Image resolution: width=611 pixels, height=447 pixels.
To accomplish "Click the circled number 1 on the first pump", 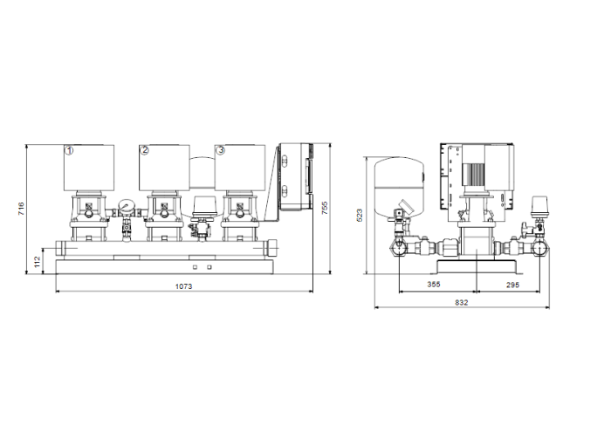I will [69, 150].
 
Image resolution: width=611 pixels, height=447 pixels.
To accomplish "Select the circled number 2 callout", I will [145, 150].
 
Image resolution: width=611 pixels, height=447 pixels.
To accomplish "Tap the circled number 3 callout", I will [220, 150].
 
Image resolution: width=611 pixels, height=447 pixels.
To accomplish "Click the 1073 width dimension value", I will [182, 286].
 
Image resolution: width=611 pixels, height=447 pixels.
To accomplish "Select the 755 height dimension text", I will [324, 209].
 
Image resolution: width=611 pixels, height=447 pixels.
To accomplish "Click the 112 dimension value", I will [38, 259].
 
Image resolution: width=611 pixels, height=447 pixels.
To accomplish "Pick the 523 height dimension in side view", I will [360, 215].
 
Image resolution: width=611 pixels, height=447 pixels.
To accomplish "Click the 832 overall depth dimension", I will [462, 302].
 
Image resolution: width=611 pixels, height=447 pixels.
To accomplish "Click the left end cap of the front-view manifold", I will [57, 249].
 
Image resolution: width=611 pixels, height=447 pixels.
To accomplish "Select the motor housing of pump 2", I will [164, 168].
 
